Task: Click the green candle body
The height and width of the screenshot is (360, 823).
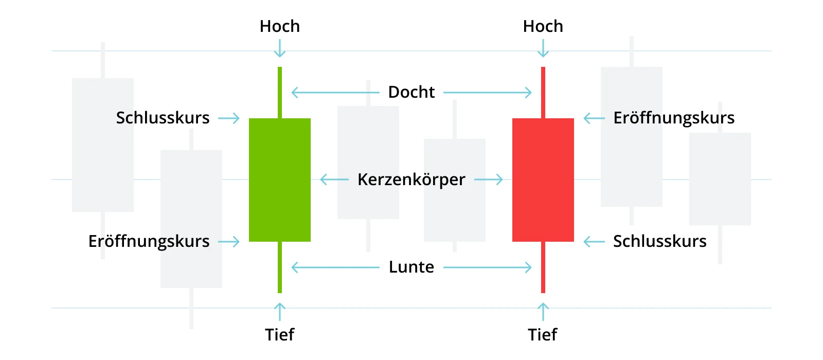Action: pos(280,180)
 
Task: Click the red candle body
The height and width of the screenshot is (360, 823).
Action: pos(543,180)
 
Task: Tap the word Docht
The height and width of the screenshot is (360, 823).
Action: pos(411,92)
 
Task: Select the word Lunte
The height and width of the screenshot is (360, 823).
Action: pos(411,267)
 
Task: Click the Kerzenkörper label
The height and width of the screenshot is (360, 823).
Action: pos(411,179)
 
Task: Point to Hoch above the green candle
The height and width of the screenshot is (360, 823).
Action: pos(280,26)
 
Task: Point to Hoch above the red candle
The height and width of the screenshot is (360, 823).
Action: pos(543,26)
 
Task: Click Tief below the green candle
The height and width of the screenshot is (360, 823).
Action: pos(280,335)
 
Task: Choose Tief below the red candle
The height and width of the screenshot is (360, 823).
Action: pos(543,335)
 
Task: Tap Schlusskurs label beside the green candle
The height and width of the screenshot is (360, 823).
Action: pos(163,118)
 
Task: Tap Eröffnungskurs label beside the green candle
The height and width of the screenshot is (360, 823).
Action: pos(149,241)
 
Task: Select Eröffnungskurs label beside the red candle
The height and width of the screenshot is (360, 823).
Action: pos(674,118)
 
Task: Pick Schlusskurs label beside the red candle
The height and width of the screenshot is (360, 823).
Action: pos(660,241)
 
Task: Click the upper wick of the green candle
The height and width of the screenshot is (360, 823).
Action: pos(280,93)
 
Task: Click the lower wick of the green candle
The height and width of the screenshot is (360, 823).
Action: pos(280,267)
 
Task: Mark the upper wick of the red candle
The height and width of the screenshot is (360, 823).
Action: pos(543,93)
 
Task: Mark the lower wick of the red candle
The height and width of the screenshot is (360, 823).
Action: pos(543,267)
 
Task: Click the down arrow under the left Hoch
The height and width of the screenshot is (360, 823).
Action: pos(280,48)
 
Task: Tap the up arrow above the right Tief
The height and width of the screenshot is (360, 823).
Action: pos(543,312)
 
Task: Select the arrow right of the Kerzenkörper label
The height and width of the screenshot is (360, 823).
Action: pos(489,179)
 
